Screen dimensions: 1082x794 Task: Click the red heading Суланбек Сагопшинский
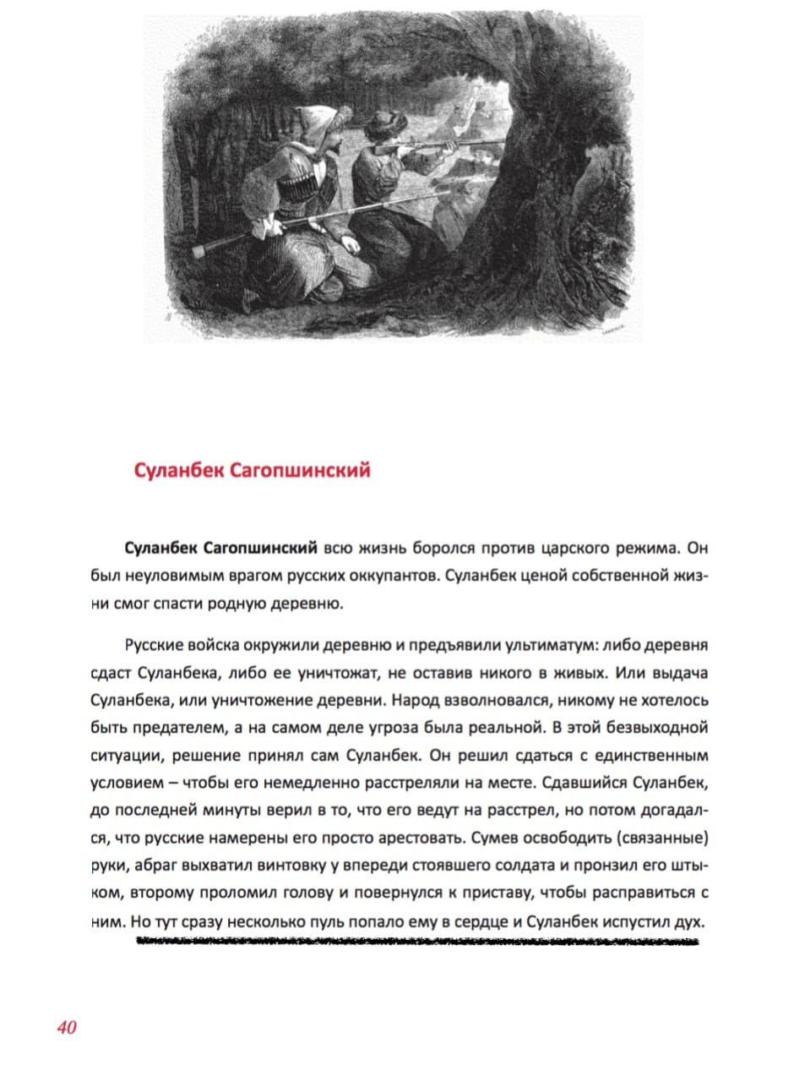tap(252, 471)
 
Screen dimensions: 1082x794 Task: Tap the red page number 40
tap(68, 1028)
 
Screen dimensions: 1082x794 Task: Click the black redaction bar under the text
tap(418, 941)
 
